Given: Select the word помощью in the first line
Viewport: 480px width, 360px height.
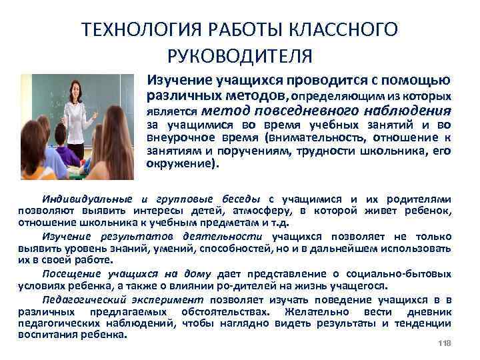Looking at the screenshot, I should click(x=420, y=81).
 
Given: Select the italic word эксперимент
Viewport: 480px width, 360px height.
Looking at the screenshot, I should click(x=171, y=299).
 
